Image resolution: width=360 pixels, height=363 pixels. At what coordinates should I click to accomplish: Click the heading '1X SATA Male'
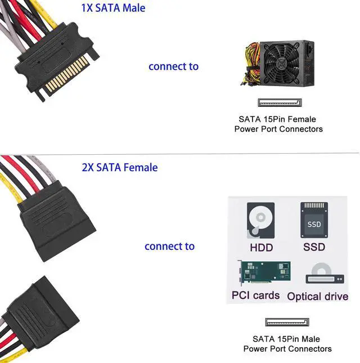coord(113,8)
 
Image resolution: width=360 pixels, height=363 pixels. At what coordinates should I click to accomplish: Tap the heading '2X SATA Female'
coord(120,167)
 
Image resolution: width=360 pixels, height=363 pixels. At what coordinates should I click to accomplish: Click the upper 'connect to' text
coord(173,66)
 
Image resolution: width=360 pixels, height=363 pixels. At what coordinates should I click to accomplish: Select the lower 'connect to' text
coord(169,246)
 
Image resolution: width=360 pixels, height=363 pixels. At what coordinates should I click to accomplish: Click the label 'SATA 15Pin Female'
coord(277,119)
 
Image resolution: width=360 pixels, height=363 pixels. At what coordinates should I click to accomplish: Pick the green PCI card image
coord(263,274)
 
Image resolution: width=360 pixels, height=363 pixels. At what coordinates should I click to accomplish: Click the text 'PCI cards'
coord(255,295)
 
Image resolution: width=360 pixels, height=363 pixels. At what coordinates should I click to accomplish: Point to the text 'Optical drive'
coord(317,297)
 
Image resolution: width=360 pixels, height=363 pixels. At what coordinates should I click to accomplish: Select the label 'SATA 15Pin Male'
coord(286,339)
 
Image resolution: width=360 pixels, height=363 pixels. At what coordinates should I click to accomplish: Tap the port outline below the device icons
coord(287,322)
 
